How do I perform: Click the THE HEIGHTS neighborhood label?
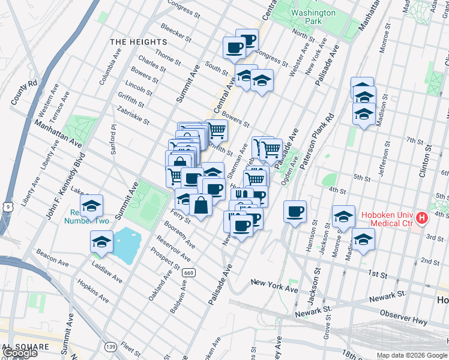(x=138, y=42)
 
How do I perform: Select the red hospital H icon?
(x=422, y=218)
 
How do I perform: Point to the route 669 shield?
(x=188, y=272)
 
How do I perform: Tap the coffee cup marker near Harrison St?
(x=294, y=212)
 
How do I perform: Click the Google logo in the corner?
(x=19, y=353)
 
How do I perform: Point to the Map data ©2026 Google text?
(x=411, y=355)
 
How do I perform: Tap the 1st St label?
(x=378, y=274)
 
